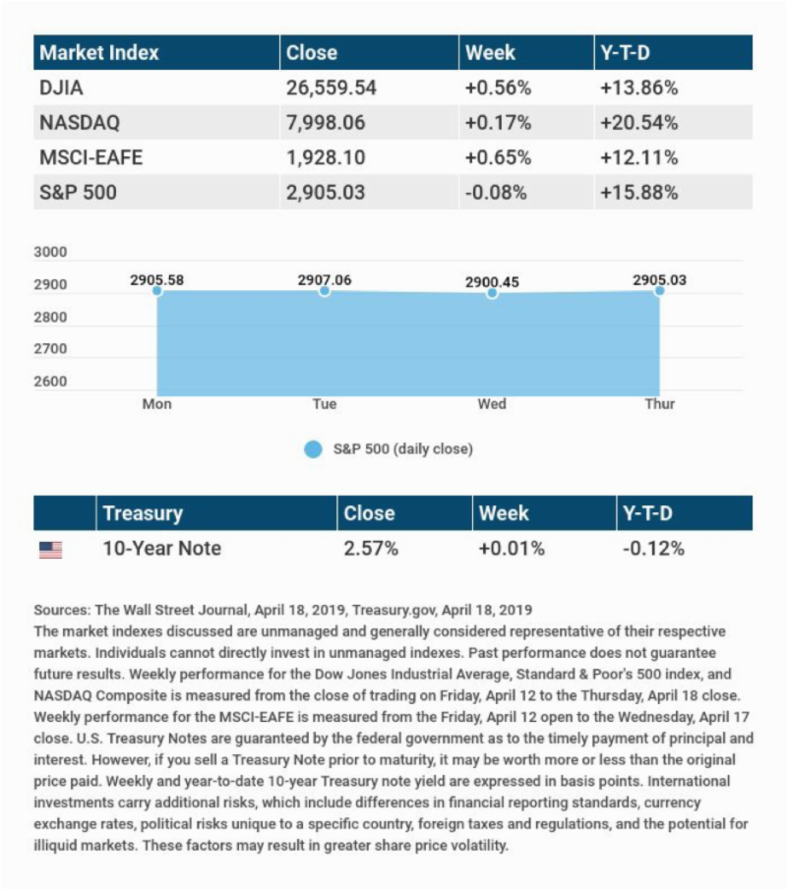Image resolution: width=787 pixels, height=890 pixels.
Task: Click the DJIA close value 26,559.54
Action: pos(331,88)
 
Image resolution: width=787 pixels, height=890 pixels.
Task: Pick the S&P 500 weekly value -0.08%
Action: pos(497,193)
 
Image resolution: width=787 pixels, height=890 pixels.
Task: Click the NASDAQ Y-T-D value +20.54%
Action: pos(638,123)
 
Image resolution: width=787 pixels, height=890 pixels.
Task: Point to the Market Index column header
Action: pos(98,53)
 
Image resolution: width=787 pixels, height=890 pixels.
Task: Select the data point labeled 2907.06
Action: pos(325,291)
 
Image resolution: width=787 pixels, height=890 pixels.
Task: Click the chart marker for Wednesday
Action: pos(492,293)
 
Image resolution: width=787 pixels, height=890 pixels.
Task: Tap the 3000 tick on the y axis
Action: pos(51,253)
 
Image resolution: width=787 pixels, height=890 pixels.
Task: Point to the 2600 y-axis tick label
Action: pos(51,382)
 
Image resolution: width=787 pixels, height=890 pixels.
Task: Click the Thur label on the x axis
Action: pos(659,404)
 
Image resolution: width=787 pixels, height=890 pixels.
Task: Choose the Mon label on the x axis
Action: pos(157,404)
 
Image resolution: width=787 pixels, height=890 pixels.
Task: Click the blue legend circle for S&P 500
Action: pos(313,449)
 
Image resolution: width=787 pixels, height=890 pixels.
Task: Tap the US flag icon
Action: pos(50,550)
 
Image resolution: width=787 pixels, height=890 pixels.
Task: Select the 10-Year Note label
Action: pos(161,549)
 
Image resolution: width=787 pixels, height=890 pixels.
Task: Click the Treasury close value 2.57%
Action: pos(371,549)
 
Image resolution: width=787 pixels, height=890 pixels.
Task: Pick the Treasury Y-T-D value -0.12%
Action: pos(652,549)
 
